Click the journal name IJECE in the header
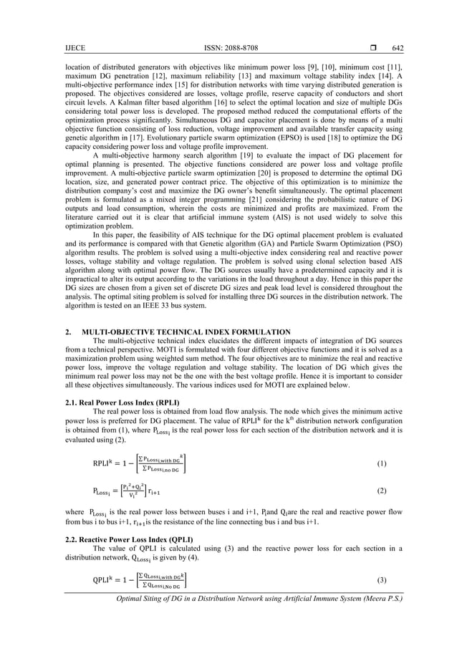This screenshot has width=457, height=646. pos(54,48)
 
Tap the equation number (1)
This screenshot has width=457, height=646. pos(383,463)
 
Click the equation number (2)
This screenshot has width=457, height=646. pos(383,495)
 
